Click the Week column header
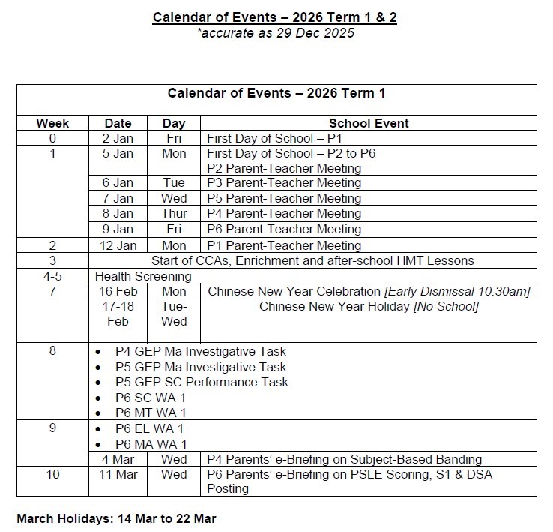[52, 123]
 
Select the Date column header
[118, 123]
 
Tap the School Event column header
[369, 123]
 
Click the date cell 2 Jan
[118, 138]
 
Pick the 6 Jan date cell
[118, 182]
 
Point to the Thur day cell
[174, 214]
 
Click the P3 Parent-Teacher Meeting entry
[284, 182]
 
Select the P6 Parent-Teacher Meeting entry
[284, 229]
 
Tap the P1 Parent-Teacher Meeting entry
[284, 245]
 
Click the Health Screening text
[142, 276]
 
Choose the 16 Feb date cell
[118, 291]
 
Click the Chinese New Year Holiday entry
[369, 306]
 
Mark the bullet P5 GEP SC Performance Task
[202, 382]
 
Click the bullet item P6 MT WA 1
[151, 413]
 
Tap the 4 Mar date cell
[118, 459]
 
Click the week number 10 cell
[52, 474]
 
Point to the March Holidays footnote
[116, 518]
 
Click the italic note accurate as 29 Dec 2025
[275, 32]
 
